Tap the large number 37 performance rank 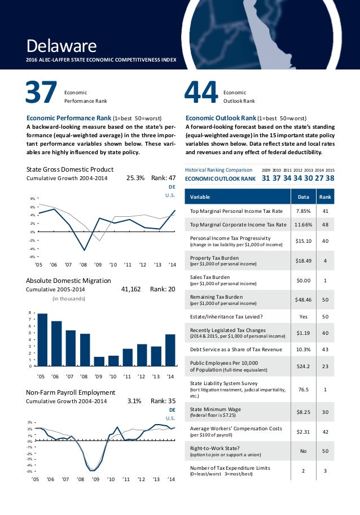[41, 94]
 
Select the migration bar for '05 [42, 339]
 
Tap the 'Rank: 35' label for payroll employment [164, 401]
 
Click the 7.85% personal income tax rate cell [299, 212]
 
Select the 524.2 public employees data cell [299, 366]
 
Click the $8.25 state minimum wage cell [299, 413]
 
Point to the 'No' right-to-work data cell [299, 451]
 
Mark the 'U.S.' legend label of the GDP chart [170, 195]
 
